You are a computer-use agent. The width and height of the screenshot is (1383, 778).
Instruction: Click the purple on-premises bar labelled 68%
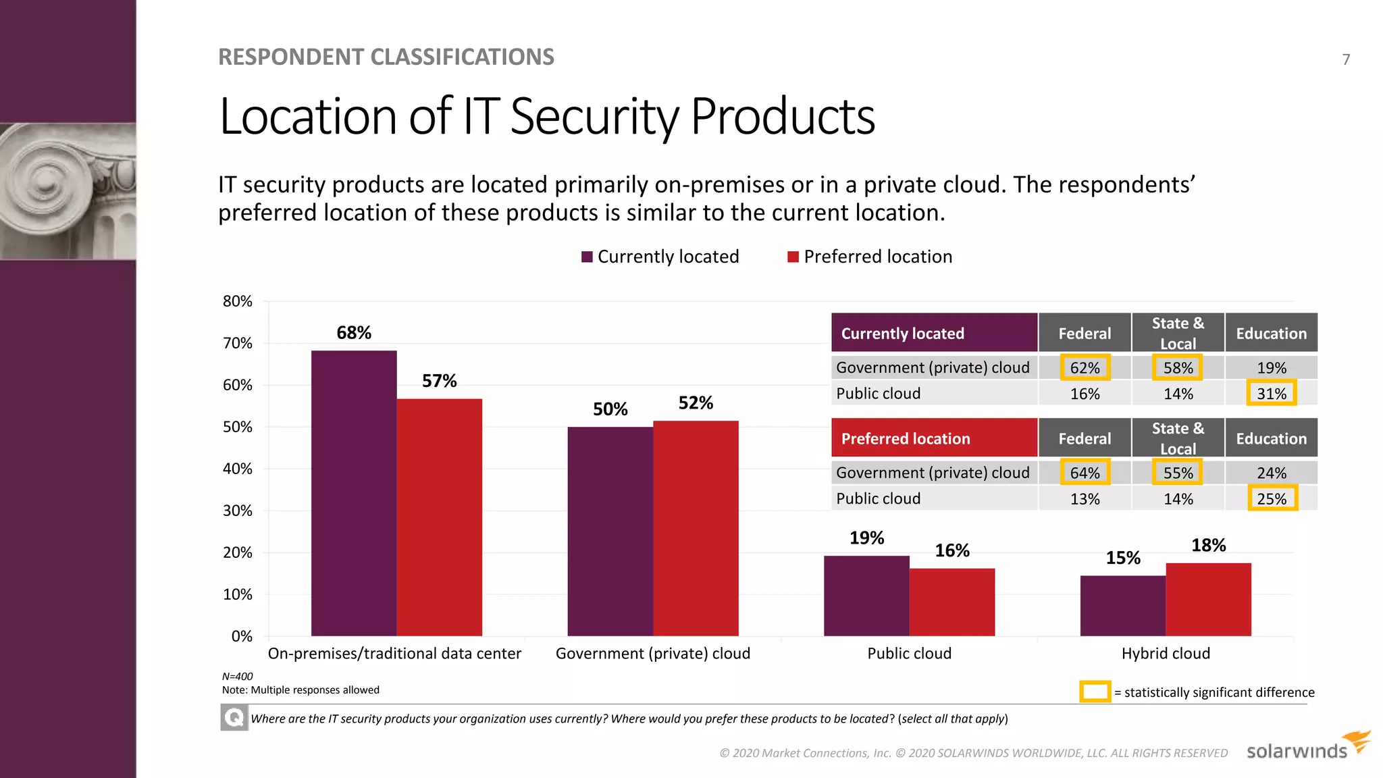pos(354,493)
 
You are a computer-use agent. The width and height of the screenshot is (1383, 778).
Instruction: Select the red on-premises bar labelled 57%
pos(440,517)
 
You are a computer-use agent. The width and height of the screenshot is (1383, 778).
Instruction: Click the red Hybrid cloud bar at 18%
pos(1208,599)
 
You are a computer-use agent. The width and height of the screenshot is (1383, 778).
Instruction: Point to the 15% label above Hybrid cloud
pos(1122,558)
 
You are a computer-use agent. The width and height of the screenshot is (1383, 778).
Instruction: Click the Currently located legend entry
pos(660,257)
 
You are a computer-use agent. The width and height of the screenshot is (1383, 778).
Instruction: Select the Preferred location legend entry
pos(870,257)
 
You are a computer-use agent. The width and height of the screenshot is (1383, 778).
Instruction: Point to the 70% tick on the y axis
pos(238,343)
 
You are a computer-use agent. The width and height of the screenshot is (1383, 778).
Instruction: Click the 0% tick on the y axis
pos(241,636)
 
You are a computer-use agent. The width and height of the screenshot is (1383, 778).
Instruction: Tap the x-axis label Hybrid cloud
pos(1166,654)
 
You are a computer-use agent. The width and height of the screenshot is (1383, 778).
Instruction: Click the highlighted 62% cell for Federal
pos(1085,367)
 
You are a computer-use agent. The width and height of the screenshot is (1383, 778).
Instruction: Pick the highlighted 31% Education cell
pos(1271,393)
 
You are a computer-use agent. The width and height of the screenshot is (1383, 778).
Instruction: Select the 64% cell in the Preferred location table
pos(1085,473)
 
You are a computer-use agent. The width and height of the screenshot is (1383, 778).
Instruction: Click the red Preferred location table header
pos(934,438)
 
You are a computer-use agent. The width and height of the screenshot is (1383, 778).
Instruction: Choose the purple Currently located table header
pos(934,333)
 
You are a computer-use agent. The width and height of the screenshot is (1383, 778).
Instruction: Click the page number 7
pos(1346,59)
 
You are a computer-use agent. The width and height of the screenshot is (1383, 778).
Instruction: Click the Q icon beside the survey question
pos(234,717)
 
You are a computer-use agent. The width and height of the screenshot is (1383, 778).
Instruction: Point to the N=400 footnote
pos(238,676)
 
